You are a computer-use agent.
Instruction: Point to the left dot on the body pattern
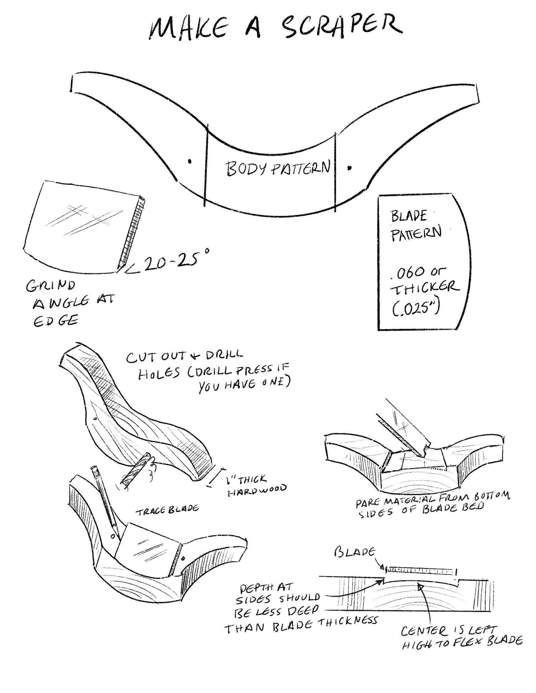coord(190,161)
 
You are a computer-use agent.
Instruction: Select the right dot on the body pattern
coord(349,168)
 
